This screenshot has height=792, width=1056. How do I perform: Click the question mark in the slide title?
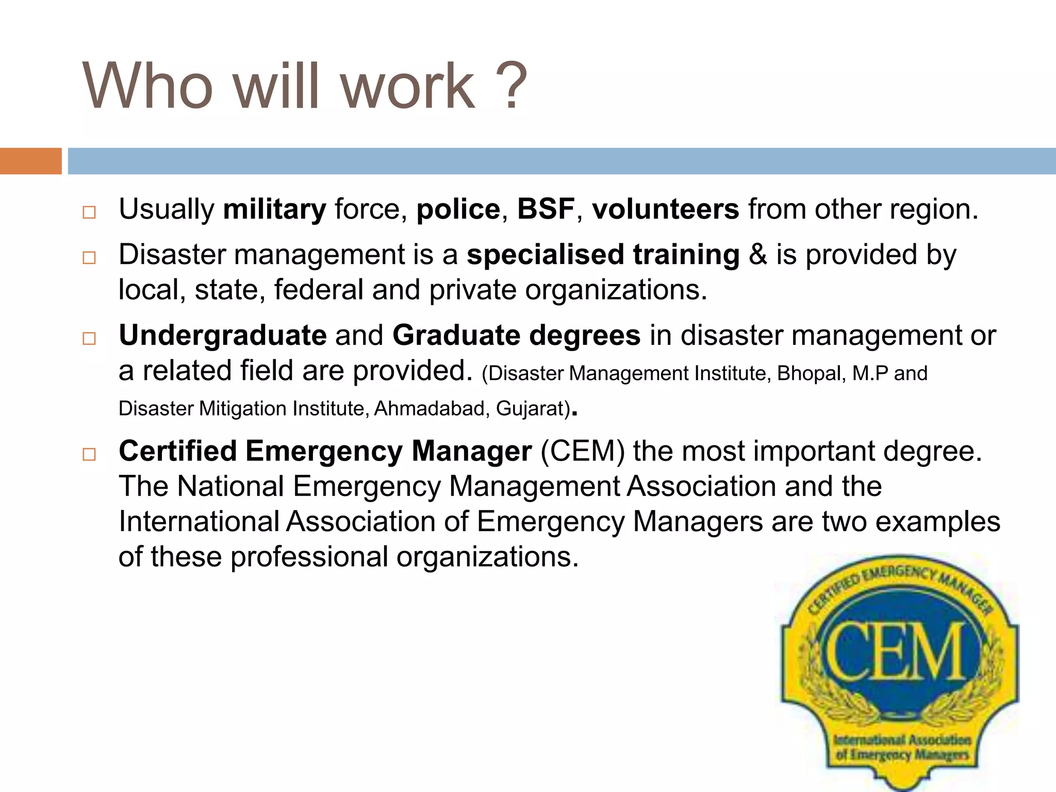point(509,86)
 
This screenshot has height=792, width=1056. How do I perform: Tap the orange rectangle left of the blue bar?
point(30,161)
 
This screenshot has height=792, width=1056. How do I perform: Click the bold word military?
point(274,209)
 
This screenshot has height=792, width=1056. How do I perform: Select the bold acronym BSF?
point(546,209)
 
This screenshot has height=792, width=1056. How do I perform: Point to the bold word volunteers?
point(665,209)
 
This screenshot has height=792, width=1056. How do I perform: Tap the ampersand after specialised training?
point(757,255)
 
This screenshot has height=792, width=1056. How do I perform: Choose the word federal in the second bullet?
point(319,290)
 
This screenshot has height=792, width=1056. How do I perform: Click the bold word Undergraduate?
point(222,336)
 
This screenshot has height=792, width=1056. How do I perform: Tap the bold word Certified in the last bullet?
point(177,452)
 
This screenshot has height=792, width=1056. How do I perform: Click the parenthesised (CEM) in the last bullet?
point(582,452)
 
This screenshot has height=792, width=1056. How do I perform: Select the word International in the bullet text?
point(199,521)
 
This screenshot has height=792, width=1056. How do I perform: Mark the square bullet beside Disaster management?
point(89,258)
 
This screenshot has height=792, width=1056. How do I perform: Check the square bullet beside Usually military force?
point(89,212)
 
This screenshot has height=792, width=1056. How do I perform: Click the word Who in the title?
point(147,86)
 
